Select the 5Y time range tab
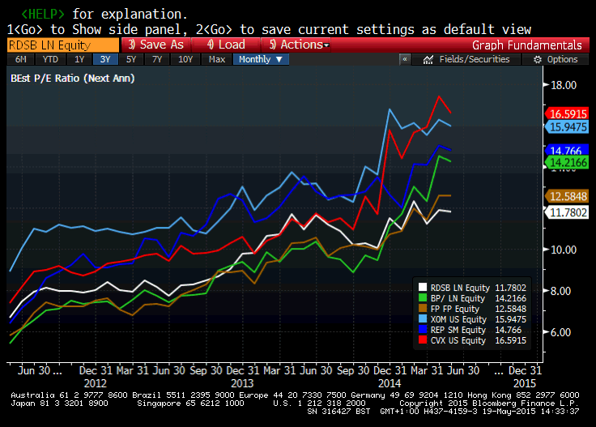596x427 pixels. point(131,59)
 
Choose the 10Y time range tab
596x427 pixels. point(185,59)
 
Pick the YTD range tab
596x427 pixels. point(49,59)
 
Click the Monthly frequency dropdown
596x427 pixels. point(260,59)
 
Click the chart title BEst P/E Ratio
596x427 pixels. point(73,79)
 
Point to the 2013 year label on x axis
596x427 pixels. point(243,382)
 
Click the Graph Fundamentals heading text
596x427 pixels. point(526,45)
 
